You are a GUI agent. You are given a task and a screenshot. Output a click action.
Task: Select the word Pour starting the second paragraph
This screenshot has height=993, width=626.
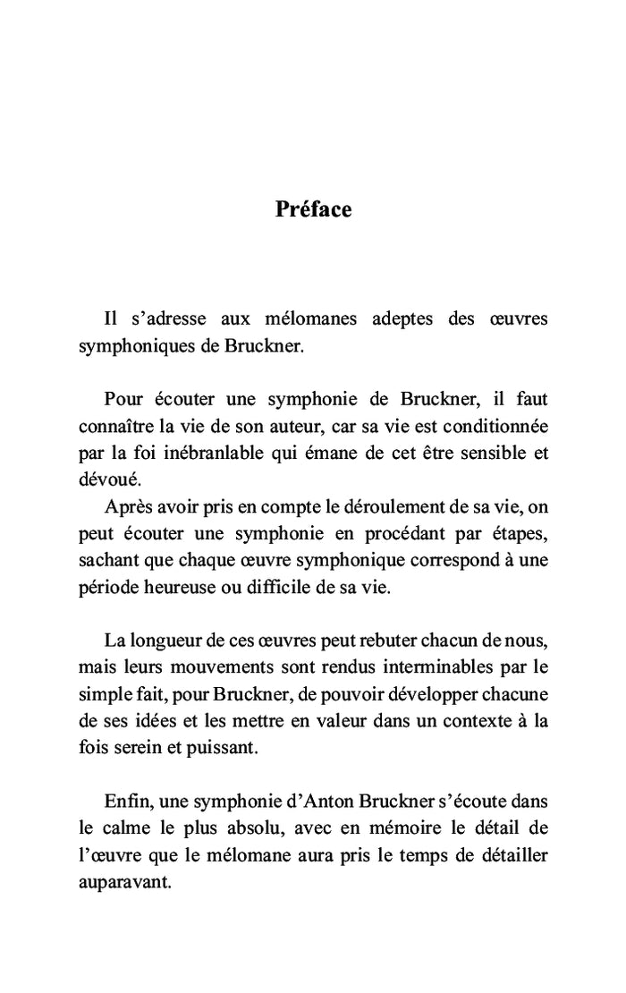[x=123, y=397]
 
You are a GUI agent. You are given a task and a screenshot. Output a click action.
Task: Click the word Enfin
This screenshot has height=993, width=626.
[x=125, y=801]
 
